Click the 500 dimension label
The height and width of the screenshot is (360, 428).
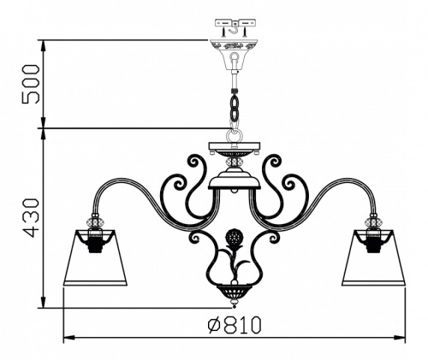(31, 84)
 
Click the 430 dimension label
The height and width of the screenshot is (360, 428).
(31, 218)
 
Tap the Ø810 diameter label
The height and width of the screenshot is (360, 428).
(235, 324)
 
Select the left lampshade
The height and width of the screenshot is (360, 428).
(95, 257)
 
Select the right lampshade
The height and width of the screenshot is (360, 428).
(373, 257)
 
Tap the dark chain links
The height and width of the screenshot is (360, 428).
(235, 108)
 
